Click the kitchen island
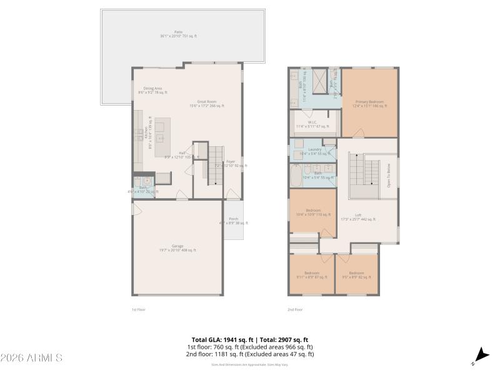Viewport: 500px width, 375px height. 162,137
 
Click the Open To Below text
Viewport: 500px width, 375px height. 389,176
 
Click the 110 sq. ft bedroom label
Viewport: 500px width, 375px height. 313,212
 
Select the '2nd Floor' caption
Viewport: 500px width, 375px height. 295,309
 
